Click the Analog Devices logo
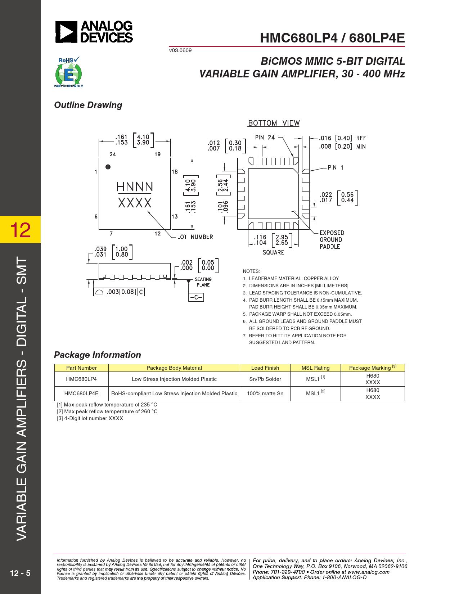pos(94,32)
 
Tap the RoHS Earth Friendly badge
pos(68,72)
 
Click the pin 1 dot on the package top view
pos(108,167)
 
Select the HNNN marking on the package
pos(135,187)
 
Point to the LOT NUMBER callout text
pos(195,237)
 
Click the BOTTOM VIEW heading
pos(274,123)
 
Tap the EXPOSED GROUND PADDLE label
pos(332,240)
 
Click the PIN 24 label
pos(265,138)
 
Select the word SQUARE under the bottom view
pos(273,252)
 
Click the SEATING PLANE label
pos(203,282)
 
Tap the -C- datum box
pos(196,297)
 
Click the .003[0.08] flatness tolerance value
pos(121,292)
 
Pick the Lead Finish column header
pos(265,368)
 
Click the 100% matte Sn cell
pos(265,393)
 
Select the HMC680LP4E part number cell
pos(81,393)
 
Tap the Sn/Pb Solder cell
pos(265,379)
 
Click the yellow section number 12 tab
pos(21,230)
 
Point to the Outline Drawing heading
pos(88,105)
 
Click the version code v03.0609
pos(180,50)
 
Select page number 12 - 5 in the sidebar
pos(20,573)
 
